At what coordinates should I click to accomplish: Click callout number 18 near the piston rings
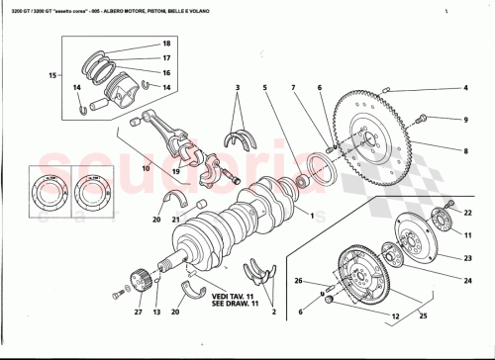[x=166, y=45]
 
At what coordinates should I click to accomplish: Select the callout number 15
[x=51, y=75]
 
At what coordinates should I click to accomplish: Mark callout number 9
[x=466, y=120]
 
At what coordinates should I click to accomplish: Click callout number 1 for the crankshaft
[x=312, y=215]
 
